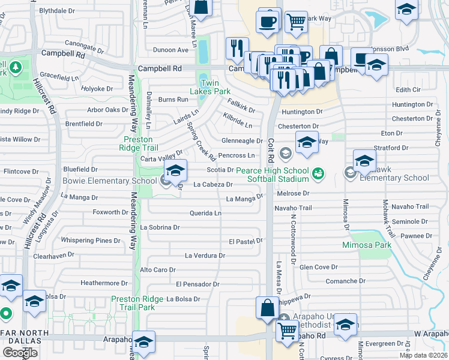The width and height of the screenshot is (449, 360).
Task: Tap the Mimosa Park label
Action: pyautogui.click(x=367, y=245)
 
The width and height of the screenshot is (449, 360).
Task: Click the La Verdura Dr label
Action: pyautogui.click(x=205, y=256)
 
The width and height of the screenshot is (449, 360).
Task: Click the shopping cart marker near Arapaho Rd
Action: pyautogui.click(x=288, y=329)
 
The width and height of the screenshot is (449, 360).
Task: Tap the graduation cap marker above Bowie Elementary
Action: pyautogui.click(x=175, y=171)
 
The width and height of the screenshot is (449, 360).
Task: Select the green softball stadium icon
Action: pyautogui.click(x=318, y=174)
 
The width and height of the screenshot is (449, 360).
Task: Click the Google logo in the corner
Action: pyautogui.click(x=20, y=352)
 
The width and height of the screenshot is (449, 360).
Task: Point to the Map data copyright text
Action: pyautogui.click(x=423, y=355)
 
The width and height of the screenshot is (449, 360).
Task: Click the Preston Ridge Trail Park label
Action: pyautogui.click(x=137, y=303)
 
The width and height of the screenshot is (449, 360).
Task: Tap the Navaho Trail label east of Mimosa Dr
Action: pyautogui.click(x=411, y=207)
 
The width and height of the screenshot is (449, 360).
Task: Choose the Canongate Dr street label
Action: pyautogui.click(x=58, y=43)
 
